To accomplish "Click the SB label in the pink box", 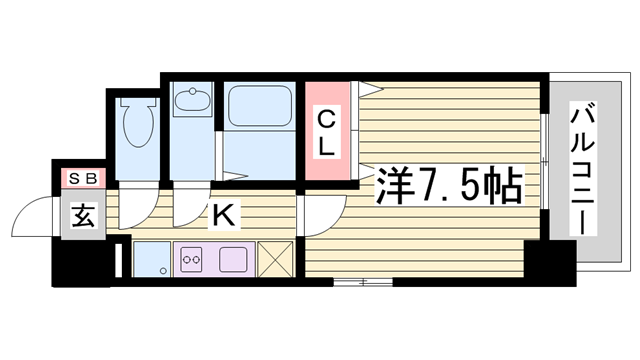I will tap(83, 179).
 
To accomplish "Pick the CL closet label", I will tap(328, 132).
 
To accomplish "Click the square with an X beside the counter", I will tap(276, 260).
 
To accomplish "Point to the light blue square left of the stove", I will tap(150, 259).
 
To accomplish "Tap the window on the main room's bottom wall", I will tap(362, 283).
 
